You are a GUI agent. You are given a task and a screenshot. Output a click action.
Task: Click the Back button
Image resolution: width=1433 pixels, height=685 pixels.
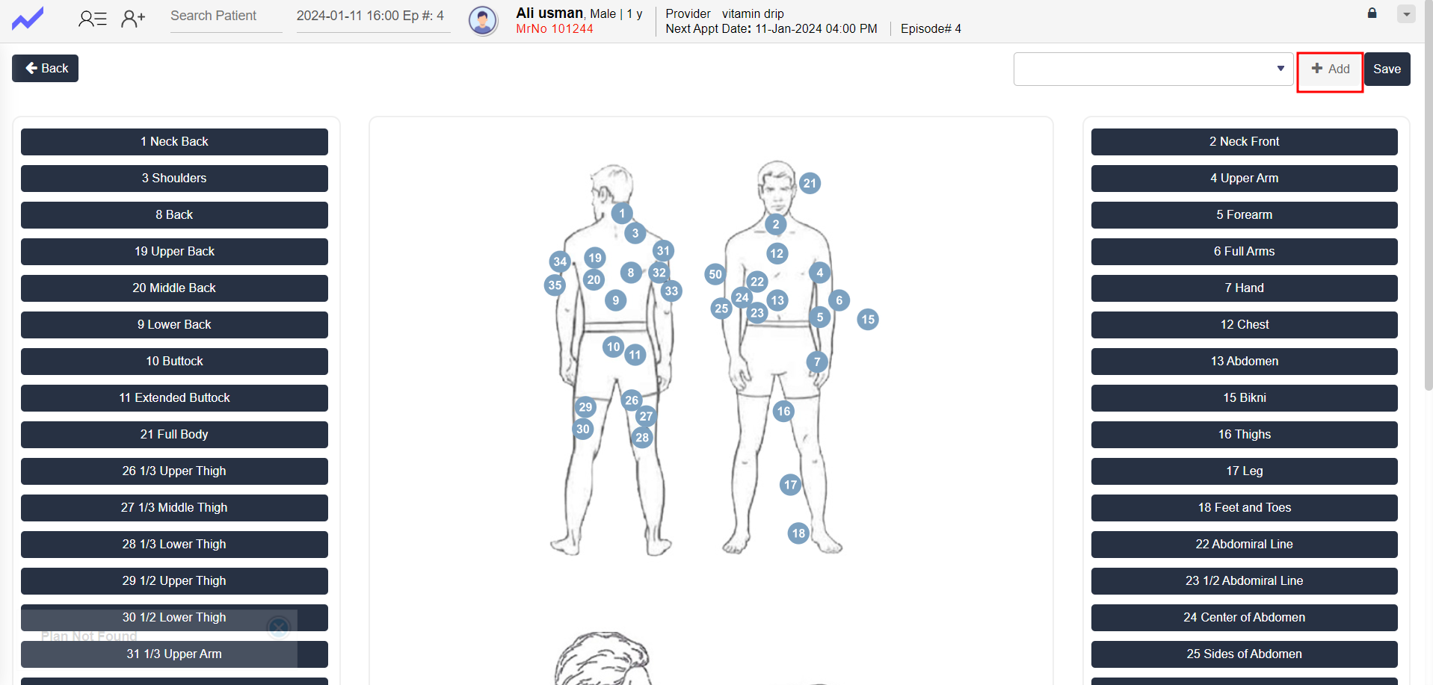point(45,69)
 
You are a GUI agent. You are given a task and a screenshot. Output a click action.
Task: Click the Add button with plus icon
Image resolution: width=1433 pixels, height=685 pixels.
point(1330,69)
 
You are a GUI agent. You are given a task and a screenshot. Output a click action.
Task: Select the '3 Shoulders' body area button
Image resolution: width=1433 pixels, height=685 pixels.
point(174,179)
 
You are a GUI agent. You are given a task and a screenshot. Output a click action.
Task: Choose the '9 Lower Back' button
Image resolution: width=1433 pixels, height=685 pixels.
point(174,325)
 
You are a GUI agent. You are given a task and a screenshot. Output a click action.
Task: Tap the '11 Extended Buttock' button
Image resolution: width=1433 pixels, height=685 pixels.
point(174,398)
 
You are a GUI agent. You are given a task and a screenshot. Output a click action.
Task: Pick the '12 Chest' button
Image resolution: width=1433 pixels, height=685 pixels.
point(1245,325)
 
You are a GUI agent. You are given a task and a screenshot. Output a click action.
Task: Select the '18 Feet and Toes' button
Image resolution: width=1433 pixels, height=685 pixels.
point(1245,508)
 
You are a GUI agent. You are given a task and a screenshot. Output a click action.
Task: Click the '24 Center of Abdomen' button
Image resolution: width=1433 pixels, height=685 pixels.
point(1245,618)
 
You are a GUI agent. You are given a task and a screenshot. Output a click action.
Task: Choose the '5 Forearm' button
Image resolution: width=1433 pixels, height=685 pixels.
point(1245,215)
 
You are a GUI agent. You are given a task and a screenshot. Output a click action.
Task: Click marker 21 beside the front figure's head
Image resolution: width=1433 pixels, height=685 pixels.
point(810,183)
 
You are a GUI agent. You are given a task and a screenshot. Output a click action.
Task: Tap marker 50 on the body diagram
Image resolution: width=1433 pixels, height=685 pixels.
point(715,274)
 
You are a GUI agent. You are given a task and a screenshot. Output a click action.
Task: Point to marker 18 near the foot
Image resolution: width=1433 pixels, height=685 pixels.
point(798,533)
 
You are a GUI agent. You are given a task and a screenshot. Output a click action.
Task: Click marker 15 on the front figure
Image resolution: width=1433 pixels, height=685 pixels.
point(868,320)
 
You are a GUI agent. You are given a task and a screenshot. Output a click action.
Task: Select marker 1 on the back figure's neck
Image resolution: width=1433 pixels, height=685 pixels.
point(622,214)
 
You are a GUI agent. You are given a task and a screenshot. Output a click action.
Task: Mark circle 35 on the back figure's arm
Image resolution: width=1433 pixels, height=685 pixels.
point(555,285)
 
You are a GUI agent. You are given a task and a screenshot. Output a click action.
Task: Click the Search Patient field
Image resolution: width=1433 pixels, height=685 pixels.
point(226,16)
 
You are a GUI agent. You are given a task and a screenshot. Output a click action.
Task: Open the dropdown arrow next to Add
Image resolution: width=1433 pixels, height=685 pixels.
point(1281,69)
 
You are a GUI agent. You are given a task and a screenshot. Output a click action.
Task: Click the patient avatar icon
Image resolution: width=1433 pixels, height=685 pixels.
point(484,20)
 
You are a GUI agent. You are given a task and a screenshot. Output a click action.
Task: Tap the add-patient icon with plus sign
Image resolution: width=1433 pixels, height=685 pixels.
point(133,18)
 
